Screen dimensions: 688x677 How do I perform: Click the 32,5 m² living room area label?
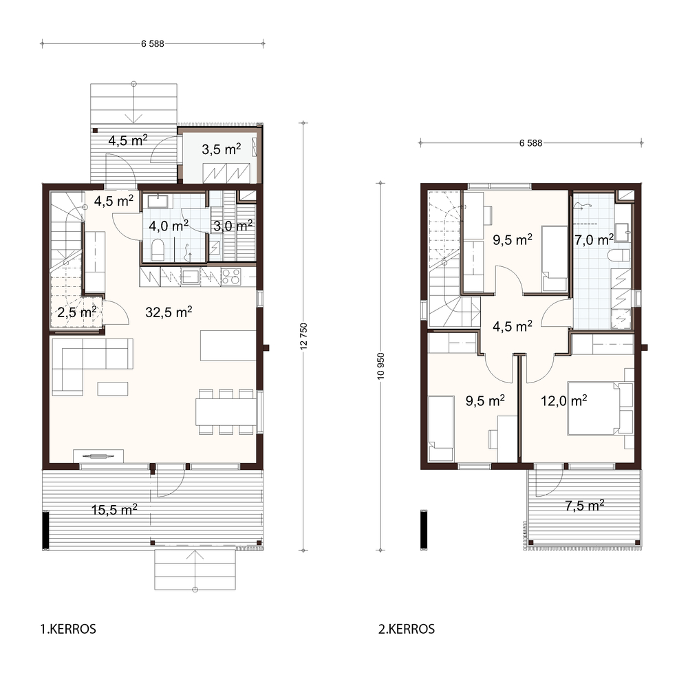tap(169, 312)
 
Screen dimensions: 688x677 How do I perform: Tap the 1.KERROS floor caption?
tap(68, 629)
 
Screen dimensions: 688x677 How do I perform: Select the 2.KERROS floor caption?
tap(407, 629)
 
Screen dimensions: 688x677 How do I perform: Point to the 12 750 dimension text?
tap(303, 336)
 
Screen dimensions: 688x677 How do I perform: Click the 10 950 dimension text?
tap(380, 366)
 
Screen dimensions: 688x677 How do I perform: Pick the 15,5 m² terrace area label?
tap(114, 509)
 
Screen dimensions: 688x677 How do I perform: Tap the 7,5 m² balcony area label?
tap(584, 506)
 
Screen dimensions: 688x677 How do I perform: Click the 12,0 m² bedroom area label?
tap(564, 400)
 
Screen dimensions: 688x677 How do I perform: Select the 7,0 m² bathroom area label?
tap(594, 239)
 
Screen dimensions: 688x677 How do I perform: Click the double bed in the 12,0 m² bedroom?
tap(600, 408)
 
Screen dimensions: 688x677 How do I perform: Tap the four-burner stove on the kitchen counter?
tap(231, 277)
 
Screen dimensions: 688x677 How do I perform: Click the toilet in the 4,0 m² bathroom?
tap(158, 250)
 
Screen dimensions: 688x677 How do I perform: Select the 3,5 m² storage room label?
tap(221, 149)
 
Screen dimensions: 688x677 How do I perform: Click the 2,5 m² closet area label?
tap(77, 312)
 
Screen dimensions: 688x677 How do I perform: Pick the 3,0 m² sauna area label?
tap(233, 226)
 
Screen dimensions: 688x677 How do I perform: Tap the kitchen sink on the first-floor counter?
tap(191, 277)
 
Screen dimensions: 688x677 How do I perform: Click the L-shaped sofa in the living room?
tap(93, 367)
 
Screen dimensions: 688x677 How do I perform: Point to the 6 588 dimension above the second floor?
tap(530, 143)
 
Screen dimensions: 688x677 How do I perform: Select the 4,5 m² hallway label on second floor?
tap(512, 326)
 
